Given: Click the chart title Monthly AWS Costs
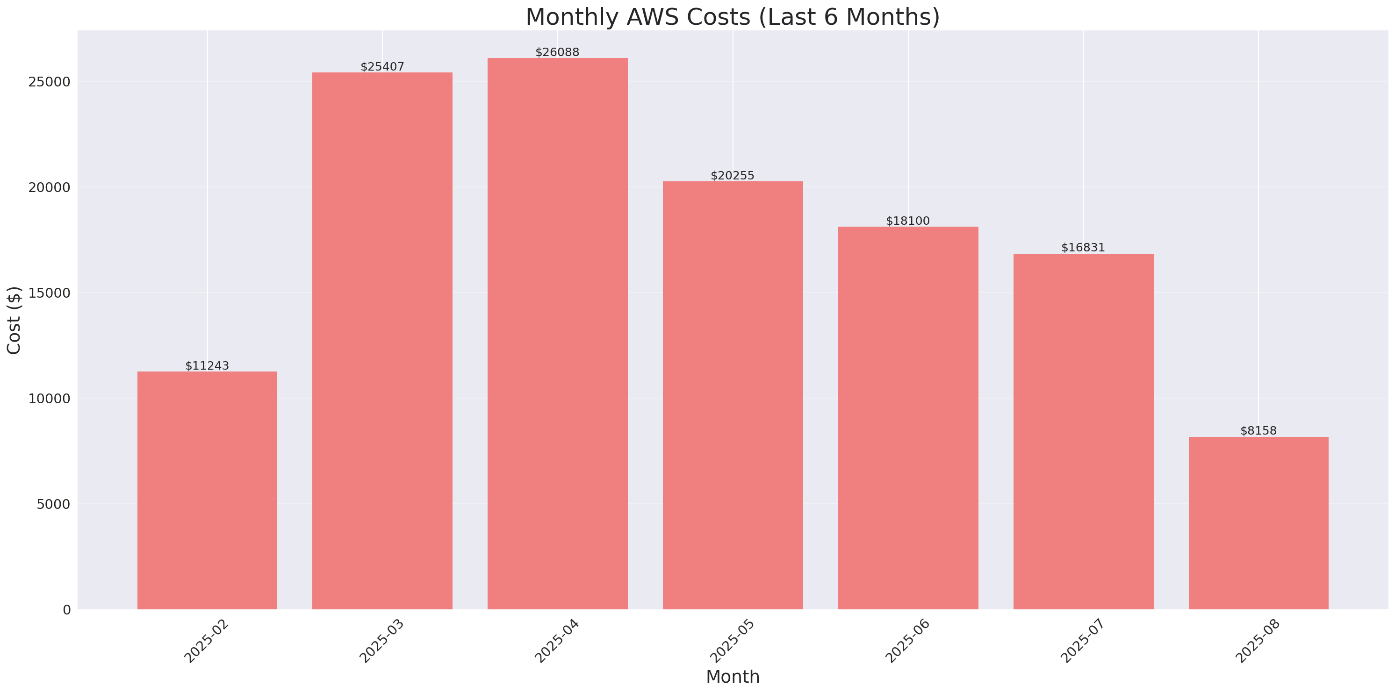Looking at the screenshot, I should pos(732,17).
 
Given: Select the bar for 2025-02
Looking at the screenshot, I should pos(207,490).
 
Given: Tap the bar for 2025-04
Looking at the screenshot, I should pos(557,334).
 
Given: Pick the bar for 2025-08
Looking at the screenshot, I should pos(1258,523).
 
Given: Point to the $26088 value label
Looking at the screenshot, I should pos(557,52).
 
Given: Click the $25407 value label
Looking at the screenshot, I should pos(382,67).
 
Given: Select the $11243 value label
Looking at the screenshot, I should pos(207,366).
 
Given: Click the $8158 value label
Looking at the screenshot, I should pos(1258,431).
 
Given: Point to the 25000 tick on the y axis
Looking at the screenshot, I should pos(50,82).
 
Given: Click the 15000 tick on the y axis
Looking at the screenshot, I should pos(50,293).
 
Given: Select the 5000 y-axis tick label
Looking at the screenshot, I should pos(54,504).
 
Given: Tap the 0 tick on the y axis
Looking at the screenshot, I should pos(66,610).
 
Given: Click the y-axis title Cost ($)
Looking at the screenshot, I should pos(14,320).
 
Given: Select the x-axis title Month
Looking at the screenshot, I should pos(732,677).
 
